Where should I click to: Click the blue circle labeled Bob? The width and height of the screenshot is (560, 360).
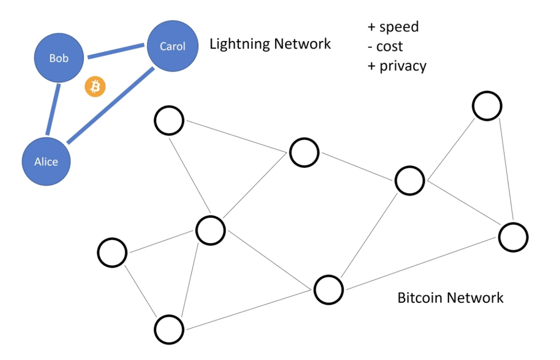[x=59, y=59]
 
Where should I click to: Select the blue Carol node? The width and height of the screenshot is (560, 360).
[x=173, y=46]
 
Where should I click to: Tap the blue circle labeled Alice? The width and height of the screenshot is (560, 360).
[x=47, y=162]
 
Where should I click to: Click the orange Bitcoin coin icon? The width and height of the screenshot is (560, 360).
[x=95, y=87]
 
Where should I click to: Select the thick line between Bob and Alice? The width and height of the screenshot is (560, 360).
[x=52, y=109]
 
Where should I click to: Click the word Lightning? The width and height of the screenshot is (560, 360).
[x=239, y=44]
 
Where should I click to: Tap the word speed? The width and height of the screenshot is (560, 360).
[x=399, y=27]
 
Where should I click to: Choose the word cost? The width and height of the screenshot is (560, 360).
[x=390, y=46]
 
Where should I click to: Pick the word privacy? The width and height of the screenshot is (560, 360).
[x=403, y=66]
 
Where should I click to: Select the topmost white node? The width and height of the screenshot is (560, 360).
[x=487, y=106]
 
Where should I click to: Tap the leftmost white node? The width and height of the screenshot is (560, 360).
[x=112, y=253]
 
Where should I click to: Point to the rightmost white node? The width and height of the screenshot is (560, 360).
[x=513, y=237]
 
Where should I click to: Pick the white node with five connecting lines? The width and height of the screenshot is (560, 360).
[x=210, y=229]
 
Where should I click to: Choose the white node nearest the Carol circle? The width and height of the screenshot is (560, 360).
[x=169, y=121]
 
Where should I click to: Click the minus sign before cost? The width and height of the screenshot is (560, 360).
[x=371, y=47]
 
